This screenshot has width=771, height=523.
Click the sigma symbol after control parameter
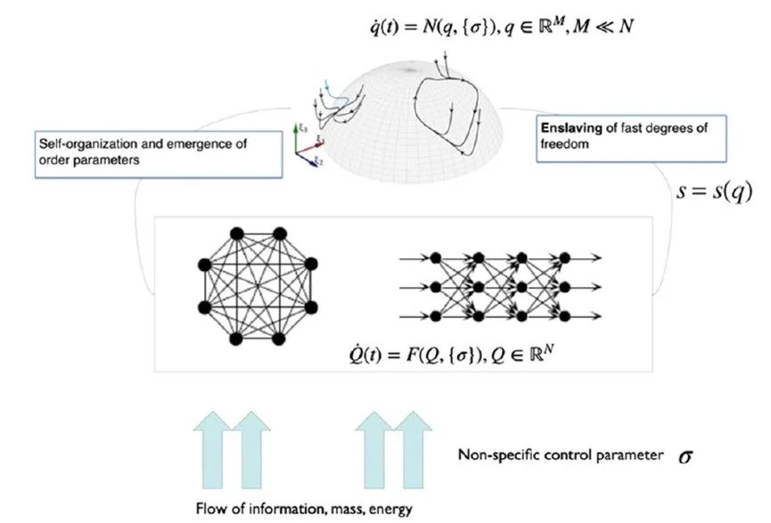coord(685,455)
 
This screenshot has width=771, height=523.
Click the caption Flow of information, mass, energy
coord(303,509)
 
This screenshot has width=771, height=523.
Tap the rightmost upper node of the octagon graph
coord(311,264)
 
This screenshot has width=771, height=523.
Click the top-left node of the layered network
coord(436,257)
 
